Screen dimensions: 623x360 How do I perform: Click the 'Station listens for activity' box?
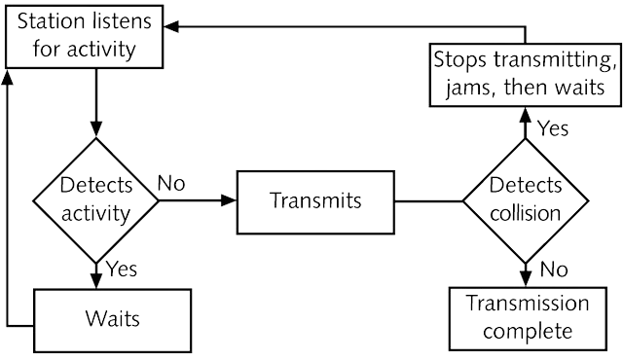85,37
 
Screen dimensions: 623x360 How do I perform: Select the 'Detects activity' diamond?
95,200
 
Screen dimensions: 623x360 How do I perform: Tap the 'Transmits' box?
315,202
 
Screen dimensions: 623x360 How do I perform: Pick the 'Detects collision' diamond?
526,201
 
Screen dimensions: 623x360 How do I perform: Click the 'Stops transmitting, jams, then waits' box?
526,74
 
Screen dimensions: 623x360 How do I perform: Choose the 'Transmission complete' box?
528,319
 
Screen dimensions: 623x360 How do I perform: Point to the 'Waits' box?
113,321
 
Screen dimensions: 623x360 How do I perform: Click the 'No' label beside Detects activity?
171,183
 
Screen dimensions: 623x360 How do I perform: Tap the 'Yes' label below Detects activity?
122,270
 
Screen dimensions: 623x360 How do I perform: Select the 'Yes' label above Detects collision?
553,128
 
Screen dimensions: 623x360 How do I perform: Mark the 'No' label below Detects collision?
554,270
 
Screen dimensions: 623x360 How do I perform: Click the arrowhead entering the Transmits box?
229,200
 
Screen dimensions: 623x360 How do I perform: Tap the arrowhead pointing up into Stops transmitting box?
526,115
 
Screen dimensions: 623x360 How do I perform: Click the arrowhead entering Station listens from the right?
171,26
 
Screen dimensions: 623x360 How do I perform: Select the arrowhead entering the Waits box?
96,280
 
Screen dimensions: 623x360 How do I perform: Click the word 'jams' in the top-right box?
468,88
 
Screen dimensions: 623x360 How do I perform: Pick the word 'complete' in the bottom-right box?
528,332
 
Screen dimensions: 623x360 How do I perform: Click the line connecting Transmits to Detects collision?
428,201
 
